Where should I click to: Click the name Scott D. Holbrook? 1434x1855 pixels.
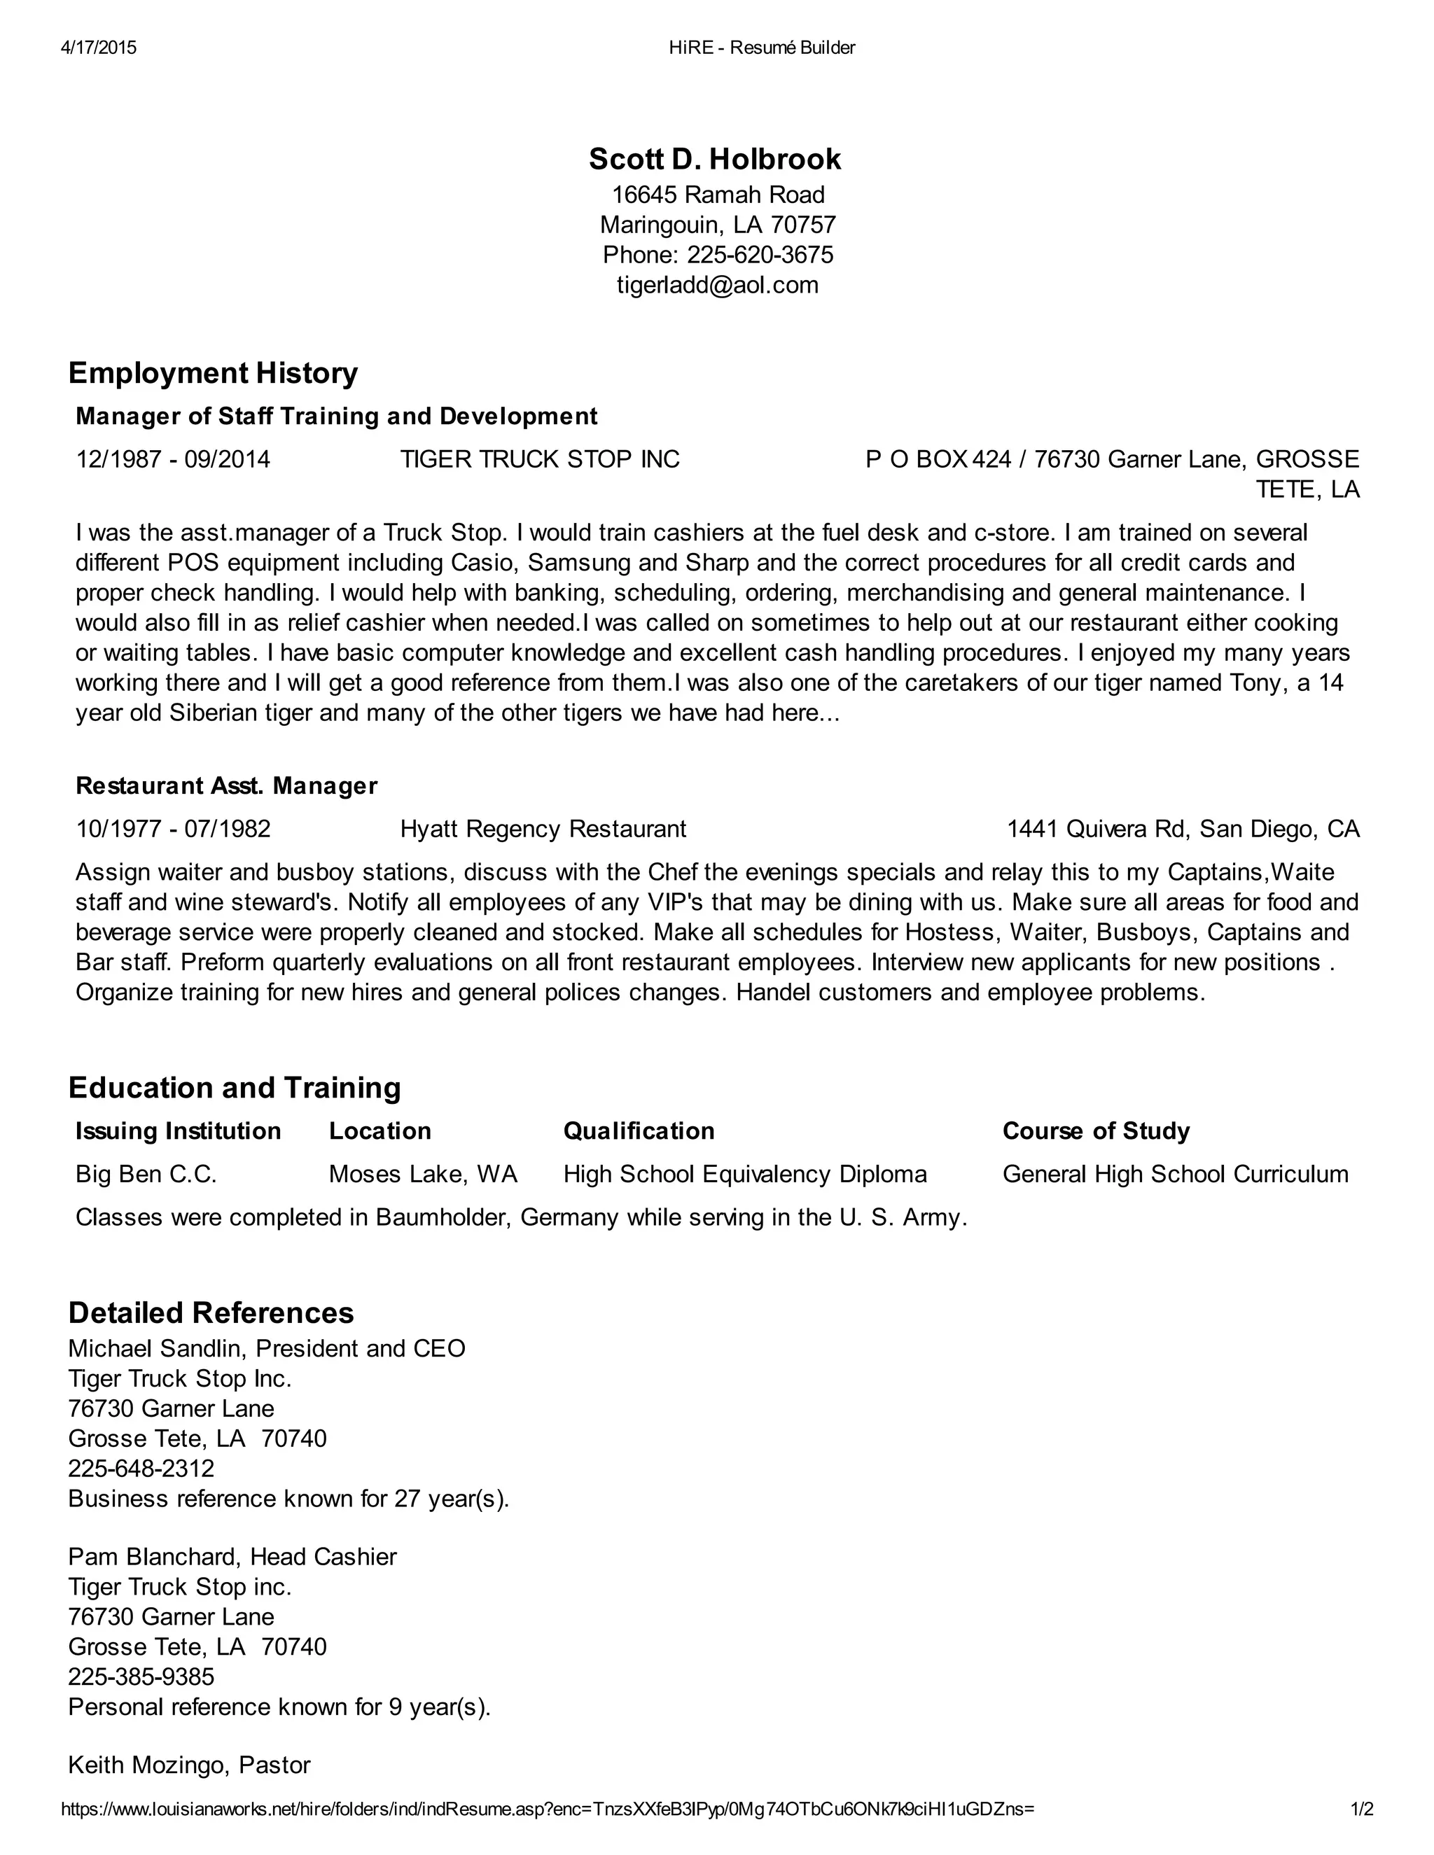click(716, 159)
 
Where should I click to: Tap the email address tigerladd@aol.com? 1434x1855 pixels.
click(717, 284)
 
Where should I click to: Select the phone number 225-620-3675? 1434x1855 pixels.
click(760, 255)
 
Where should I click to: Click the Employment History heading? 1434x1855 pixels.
click(214, 373)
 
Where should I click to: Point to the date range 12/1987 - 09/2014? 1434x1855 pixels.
click(174, 459)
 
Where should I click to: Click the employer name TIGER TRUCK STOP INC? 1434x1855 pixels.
click(541, 459)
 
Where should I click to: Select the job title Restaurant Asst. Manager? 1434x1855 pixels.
click(227, 785)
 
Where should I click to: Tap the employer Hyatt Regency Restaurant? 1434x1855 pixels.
click(543, 829)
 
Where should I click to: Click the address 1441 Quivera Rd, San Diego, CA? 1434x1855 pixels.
click(1183, 829)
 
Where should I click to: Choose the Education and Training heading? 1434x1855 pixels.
click(235, 1087)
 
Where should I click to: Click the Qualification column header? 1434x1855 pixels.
click(639, 1130)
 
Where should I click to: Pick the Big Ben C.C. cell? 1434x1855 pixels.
click(146, 1174)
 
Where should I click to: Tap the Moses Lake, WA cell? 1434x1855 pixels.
click(423, 1174)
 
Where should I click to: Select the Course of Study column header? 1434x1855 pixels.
click(1096, 1130)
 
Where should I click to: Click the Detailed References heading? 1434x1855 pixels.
click(211, 1312)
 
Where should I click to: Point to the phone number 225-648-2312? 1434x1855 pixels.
click(141, 1469)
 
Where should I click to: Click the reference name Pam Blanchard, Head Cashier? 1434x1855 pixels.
click(232, 1557)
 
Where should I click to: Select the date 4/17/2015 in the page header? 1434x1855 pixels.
click(99, 48)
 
